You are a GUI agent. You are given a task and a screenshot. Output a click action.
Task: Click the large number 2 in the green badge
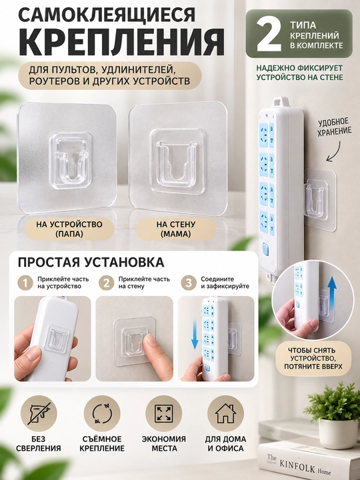click(268, 35)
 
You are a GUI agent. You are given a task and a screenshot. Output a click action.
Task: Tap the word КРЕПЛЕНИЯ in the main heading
click(121, 41)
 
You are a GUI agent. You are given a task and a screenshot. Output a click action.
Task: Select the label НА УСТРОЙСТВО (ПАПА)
click(69, 229)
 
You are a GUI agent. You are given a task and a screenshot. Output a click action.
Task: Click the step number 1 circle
click(25, 283)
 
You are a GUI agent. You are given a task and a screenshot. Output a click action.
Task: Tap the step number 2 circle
click(106, 283)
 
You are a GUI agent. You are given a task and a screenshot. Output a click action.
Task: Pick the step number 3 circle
click(188, 283)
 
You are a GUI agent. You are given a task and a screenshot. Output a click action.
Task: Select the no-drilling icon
click(39, 414)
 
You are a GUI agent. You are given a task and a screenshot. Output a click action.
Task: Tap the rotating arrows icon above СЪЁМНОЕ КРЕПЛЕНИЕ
click(102, 414)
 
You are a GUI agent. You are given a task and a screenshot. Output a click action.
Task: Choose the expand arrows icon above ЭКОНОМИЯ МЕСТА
click(164, 414)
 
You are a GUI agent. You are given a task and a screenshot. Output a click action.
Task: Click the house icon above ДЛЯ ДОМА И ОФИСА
click(225, 414)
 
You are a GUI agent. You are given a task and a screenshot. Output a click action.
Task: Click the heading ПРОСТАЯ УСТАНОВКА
click(91, 263)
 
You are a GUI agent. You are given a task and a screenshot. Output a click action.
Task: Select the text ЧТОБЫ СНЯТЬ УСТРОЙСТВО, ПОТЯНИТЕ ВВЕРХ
click(313, 358)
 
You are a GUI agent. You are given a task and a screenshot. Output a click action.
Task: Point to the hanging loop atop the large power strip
click(281, 101)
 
